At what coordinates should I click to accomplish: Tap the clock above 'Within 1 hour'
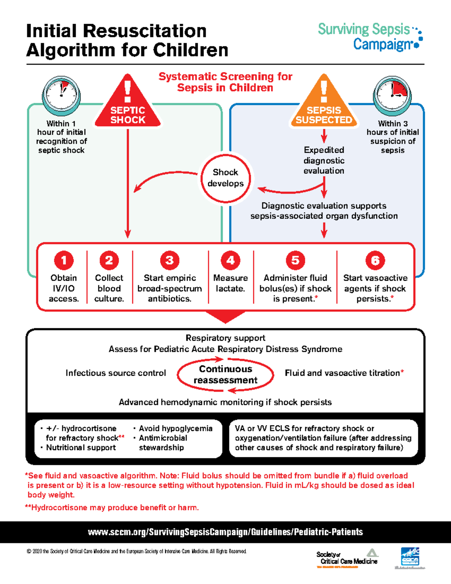61,96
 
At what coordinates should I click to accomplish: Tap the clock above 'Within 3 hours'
392,96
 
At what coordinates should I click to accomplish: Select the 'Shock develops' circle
225,178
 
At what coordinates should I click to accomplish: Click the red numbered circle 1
64,260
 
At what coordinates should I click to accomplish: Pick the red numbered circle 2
109,260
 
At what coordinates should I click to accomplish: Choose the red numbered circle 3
170,260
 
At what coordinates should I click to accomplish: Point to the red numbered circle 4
230,260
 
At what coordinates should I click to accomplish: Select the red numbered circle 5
295,260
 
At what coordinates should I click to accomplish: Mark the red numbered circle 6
375,260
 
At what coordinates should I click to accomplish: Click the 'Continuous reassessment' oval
225,375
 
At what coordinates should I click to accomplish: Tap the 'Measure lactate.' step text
230,283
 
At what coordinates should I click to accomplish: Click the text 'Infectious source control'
116,373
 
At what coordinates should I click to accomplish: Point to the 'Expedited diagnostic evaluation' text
324,160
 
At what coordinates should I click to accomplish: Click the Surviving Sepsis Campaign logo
370,36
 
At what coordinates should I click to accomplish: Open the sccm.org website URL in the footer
225,532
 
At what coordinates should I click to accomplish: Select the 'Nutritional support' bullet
81,447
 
